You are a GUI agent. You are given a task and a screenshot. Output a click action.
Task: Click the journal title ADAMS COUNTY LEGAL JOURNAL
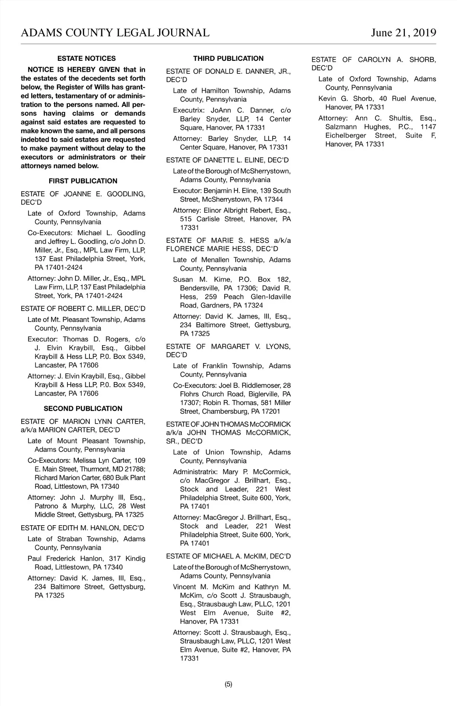[x=115, y=33]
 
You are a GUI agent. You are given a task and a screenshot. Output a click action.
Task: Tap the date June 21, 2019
[x=403, y=33]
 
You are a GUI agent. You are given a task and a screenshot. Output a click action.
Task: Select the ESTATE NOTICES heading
[x=86, y=59]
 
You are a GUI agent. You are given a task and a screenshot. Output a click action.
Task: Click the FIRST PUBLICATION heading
[x=83, y=181]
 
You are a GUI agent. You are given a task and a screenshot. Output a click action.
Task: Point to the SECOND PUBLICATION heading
[x=83, y=409]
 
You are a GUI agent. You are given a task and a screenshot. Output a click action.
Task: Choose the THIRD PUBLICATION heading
[x=228, y=59]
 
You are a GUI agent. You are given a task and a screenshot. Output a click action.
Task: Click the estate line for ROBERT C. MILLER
[x=83, y=309]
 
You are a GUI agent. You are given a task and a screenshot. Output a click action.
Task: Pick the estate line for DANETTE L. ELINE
[x=227, y=160]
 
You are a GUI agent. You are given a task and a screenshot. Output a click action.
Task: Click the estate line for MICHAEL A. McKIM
[x=228, y=556]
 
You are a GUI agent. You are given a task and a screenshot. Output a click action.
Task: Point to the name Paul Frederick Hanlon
[x=65, y=559]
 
